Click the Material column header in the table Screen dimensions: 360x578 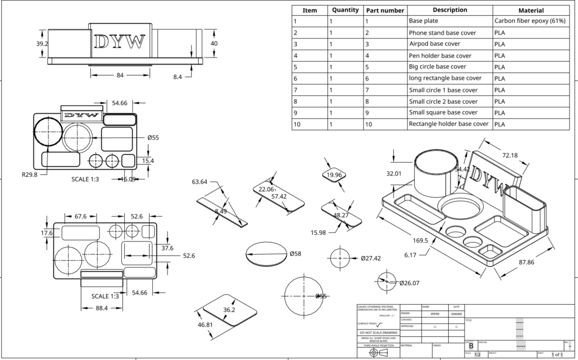pyautogui.click(x=531, y=10)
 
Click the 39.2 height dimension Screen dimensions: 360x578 pyautogui.click(x=42, y=43)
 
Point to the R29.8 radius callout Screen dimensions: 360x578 pyautogui.click(x=29, y=174)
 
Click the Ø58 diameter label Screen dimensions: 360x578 pyautogui.click(x=295, y=254)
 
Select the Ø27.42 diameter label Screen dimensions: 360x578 pyautogui.click(x=370, y=258)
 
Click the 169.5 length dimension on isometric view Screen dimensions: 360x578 pyautogui.click(x=421, y=240)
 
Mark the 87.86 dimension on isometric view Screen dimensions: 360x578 pyautogui.click(x=527, y=262)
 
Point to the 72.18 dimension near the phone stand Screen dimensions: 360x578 pyautogui.click(x=510, y=155)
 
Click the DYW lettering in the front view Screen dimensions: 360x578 pyautogui.click(x=120, y=42)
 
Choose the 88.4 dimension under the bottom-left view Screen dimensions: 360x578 pyautogui.click(x=102, y=308)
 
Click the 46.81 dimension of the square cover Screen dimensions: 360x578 pyautogui.click(x=205, y=324)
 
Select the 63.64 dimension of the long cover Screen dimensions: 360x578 pyautogui.click(x=200, y=182)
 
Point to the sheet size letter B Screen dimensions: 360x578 pyautogui.click(x=471, y=345)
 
